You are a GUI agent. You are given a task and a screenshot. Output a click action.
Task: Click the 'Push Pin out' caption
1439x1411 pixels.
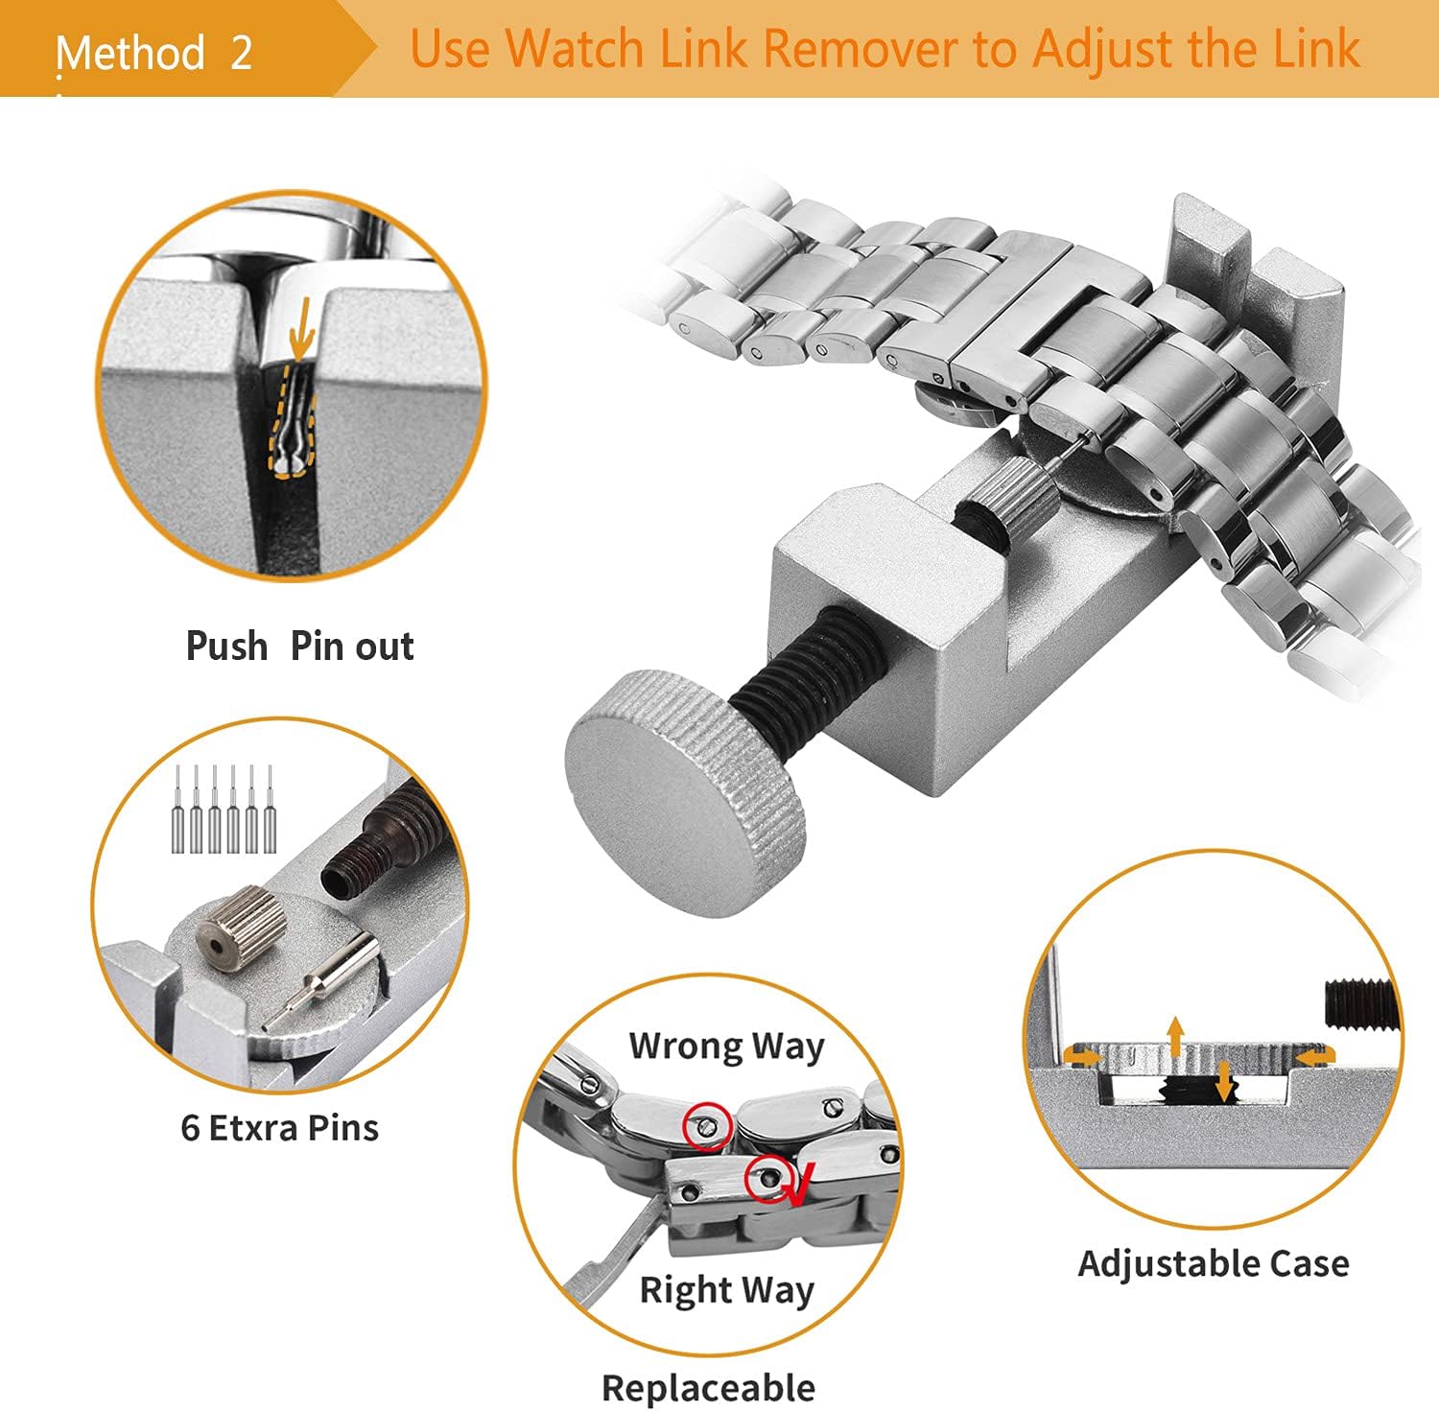(299, 647)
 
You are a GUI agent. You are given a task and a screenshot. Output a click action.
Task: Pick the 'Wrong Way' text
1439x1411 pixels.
(726, 1046)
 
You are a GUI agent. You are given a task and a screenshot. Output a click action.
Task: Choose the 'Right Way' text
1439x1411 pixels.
(726, 1290)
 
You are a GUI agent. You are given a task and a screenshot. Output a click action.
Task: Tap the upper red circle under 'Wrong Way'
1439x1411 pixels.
(707, 1125)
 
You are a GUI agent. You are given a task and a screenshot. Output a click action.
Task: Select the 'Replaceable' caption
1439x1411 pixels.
(708, 1387)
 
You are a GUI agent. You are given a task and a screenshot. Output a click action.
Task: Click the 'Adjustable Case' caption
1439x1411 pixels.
(1213, 1263)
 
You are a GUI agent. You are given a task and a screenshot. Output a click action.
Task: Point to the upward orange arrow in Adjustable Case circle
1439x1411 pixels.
(1174, 1036)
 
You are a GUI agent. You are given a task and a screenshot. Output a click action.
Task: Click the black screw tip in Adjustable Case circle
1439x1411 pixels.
(1358, 1003)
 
